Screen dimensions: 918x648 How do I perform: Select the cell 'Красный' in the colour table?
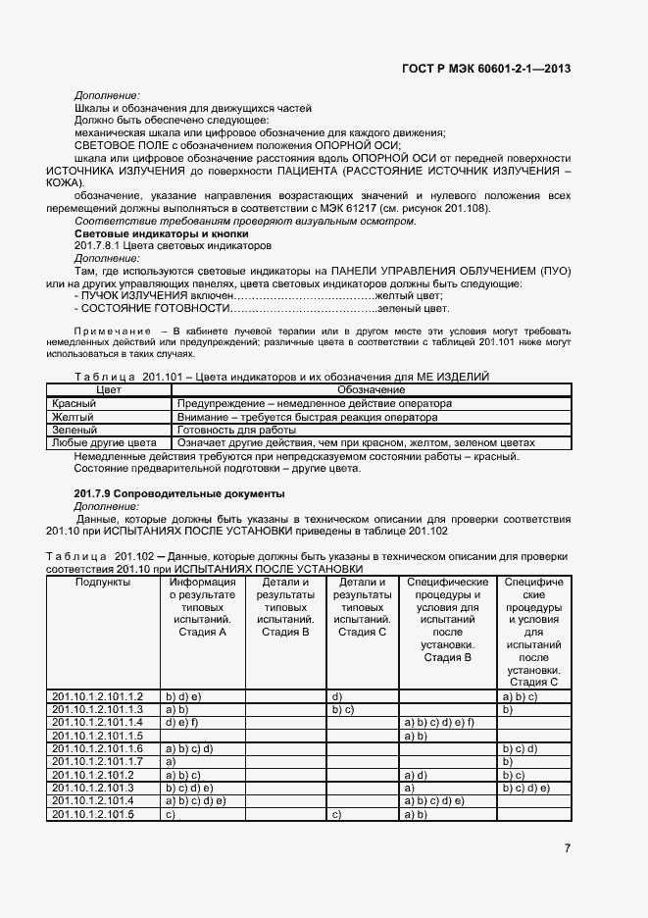point(74,403)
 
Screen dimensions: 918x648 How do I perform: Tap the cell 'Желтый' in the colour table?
point(72,417)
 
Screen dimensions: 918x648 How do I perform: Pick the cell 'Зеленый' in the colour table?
point(74,430)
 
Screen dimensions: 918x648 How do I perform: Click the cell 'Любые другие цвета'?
point(103,442)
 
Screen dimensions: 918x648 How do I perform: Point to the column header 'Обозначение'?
point(371,390)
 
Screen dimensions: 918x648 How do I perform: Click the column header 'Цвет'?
point(108,390)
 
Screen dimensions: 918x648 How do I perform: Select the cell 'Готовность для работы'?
point(235,430)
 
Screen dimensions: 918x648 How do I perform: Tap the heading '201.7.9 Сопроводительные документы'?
point(179,492)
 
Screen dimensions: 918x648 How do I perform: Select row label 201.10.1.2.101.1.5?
point(97,735)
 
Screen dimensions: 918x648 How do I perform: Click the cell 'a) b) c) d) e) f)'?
point(439,722)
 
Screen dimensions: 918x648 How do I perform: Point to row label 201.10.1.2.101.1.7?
point(97,761)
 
